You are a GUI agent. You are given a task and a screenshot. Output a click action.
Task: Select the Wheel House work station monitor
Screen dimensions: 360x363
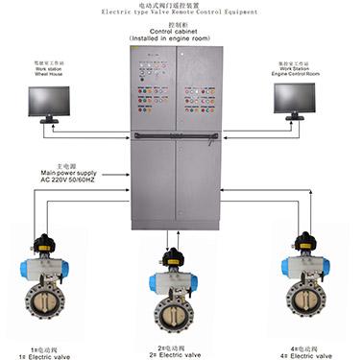tap(41, 98)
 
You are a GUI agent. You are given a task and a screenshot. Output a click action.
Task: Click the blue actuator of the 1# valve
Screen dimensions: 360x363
tap(45, 266)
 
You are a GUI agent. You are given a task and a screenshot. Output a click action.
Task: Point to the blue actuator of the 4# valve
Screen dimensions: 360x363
tap(304, 266)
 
